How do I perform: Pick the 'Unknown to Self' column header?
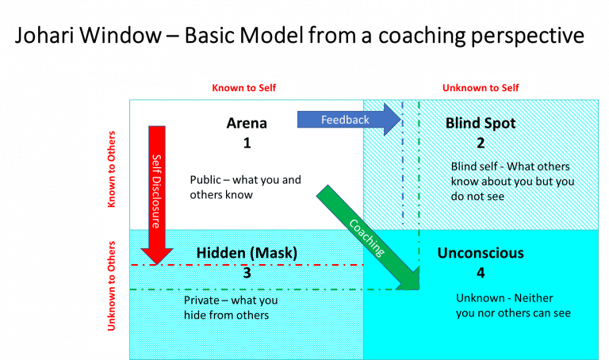(480, 86)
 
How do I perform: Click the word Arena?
(247, 123)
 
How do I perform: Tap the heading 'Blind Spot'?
(481, 123)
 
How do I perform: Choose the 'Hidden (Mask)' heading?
(247, 254)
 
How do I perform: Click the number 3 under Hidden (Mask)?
(247, 273)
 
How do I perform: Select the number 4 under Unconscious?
(481, 273)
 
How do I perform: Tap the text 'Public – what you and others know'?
(246, 187)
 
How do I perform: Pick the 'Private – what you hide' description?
(227, 308)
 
